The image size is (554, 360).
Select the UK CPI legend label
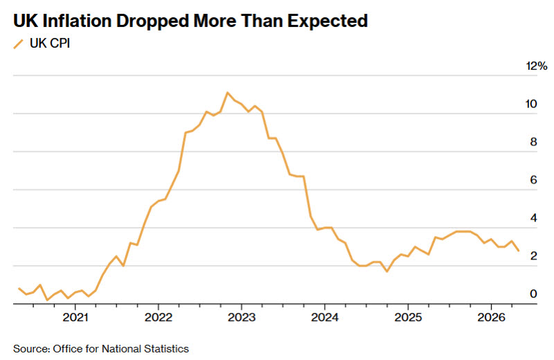[50, 44]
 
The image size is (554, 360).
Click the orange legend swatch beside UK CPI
[19, 44]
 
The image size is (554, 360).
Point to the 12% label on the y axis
[536, 66]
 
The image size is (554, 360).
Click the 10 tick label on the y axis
[531, 104]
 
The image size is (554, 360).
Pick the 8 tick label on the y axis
[533, 142]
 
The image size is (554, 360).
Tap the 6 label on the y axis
[533, 180]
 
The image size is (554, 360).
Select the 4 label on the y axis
[533, 217]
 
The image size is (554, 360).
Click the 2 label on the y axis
[533, 255]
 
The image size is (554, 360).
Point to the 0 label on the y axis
[533, 294]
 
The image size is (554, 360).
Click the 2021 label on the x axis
[75, 317]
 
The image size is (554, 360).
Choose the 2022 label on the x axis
[159, 317]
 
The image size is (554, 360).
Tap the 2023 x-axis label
[242, 317]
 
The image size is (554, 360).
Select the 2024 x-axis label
[325, 317]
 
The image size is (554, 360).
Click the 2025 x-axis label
[408, 317]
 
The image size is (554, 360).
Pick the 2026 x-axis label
[491, 317]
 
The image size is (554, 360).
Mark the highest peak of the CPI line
[228, 93]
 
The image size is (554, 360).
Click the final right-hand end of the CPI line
[519, 251]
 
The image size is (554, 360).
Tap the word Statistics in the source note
[166, 349]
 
